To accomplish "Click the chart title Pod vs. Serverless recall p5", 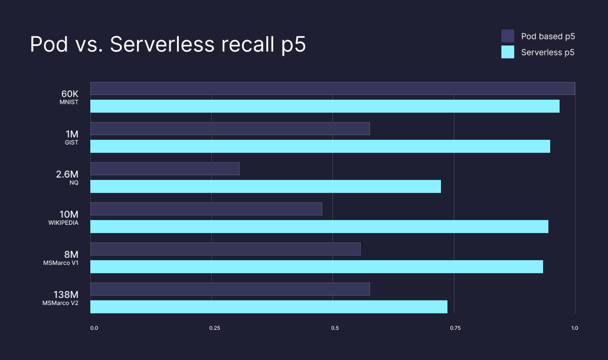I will [x=168, y=45].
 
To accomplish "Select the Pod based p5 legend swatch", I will [x=508, y=36].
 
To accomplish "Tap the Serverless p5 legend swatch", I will [x=508, y=52].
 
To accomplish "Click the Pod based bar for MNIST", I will [x=332, y=89].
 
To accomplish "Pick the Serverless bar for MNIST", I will [x=325, y=106].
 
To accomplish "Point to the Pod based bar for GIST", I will [x=230, y=129].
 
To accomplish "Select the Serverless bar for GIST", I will [x=320, y=146].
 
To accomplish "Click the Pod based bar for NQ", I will [x=165, y=169].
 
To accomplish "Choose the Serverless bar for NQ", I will [x=266, y=186].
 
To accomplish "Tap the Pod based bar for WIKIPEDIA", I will [x=206, y=209].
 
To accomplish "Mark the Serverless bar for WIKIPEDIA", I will [x=319, y=227].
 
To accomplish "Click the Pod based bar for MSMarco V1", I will [x=225, y=249].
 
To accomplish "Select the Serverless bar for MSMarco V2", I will [x=269, y=307].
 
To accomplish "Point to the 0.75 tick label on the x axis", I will [x=455, y=328].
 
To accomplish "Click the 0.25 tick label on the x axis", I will [x=214, y=328].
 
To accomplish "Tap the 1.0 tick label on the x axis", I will [x=574, y=328].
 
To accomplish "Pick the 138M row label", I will [x=66, y=294].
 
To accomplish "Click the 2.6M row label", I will [x=66, y=174].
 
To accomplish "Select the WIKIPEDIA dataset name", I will [x=63, y=223].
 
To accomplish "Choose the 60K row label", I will [x=70, y=94].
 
